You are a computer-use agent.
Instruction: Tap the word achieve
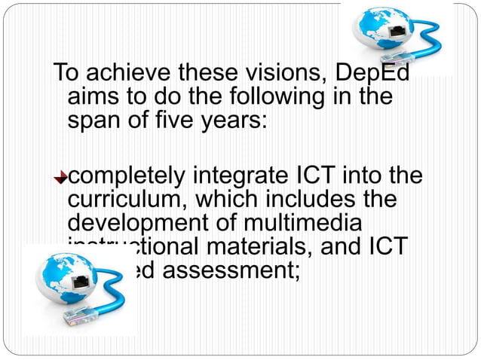click(127, 74)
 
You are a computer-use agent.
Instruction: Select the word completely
click(128, 178)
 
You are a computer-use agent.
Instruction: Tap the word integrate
click(242, 178)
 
